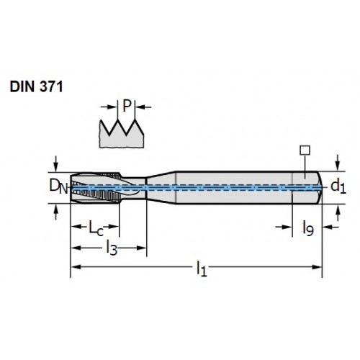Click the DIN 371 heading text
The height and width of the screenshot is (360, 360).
(36, 86)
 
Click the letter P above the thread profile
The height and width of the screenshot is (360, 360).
(127, 106)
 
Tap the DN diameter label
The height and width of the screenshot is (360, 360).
(58, 186)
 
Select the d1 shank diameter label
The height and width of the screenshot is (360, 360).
(338, 186)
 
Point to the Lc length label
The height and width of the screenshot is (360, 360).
(96, 228)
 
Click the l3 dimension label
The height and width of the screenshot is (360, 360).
(112, 248)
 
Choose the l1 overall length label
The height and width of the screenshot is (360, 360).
(202, 269)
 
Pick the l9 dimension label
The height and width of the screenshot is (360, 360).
(308, 228)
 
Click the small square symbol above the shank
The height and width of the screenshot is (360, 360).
(305, 150)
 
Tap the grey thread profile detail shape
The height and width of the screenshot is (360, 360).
(122, 135)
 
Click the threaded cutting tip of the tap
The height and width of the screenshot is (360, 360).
(96, 187)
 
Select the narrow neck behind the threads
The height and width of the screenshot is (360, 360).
(135, 187)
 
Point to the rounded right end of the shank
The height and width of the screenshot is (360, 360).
(320, 187)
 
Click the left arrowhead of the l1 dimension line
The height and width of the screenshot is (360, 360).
(76, 267)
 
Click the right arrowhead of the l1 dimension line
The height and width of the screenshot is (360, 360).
(317, 267)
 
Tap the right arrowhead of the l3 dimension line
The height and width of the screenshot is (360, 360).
(141, 248)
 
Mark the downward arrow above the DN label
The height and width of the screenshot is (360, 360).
(56, 163)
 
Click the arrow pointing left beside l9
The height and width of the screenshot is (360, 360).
(330, 227)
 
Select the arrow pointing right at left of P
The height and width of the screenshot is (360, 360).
(109, 107)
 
